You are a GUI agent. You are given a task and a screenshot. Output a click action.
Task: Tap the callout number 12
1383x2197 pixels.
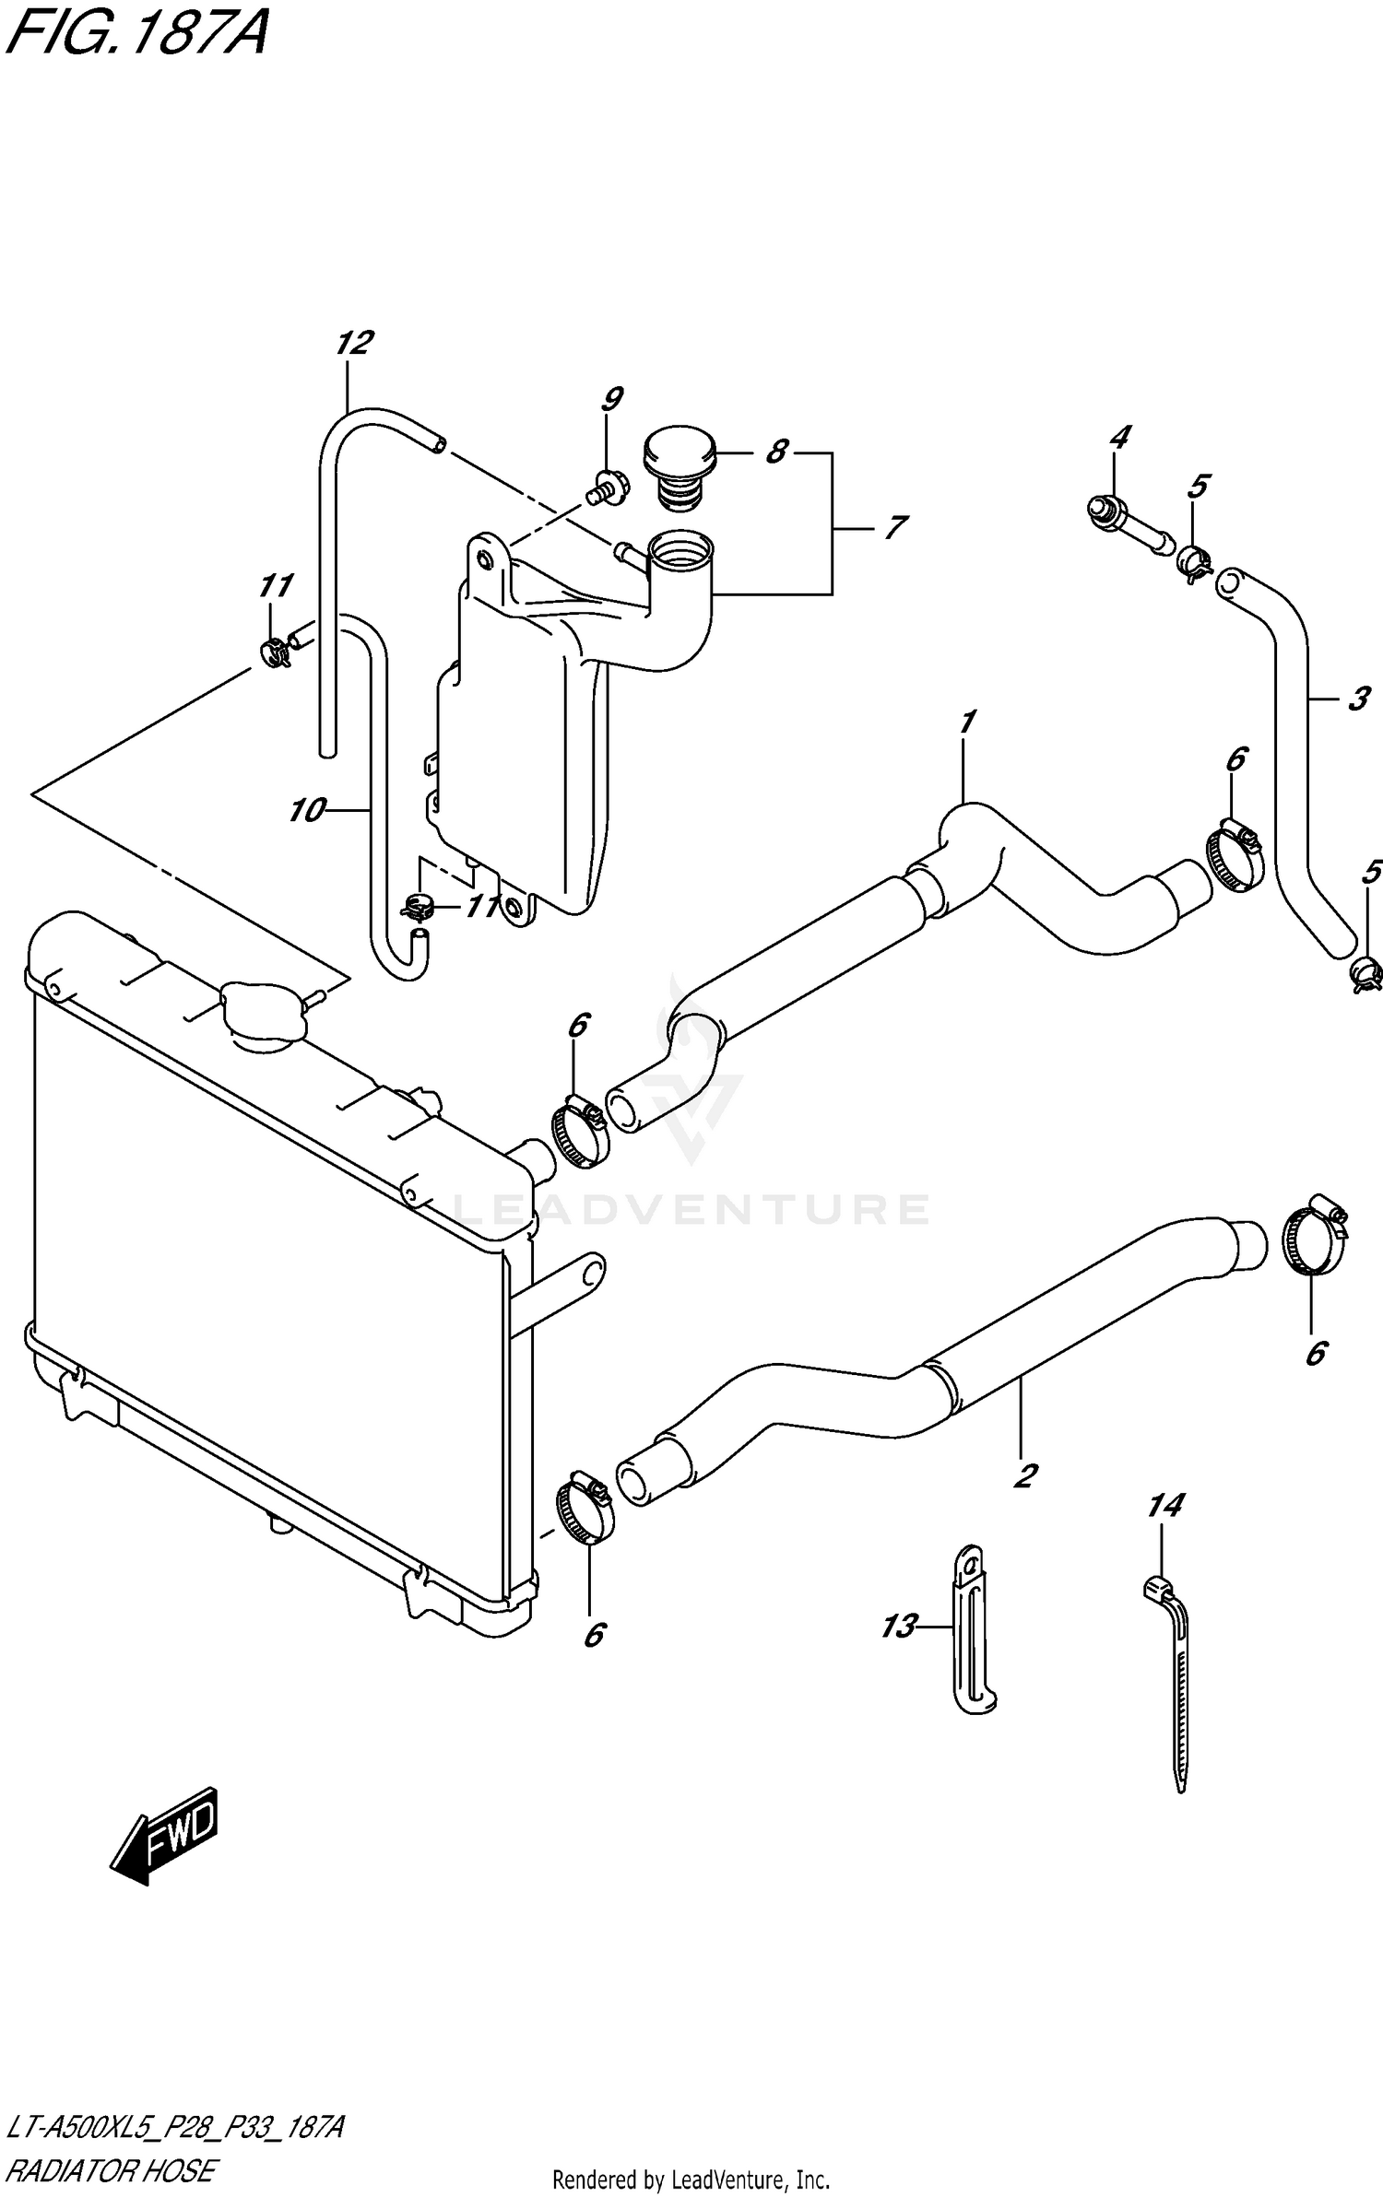point(353,343)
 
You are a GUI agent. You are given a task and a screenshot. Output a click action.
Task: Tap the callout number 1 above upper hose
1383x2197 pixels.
point(966,722)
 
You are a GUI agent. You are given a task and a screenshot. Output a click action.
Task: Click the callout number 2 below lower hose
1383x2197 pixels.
point(1024,1475)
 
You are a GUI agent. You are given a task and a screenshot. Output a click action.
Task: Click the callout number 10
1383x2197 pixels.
point(306,810)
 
